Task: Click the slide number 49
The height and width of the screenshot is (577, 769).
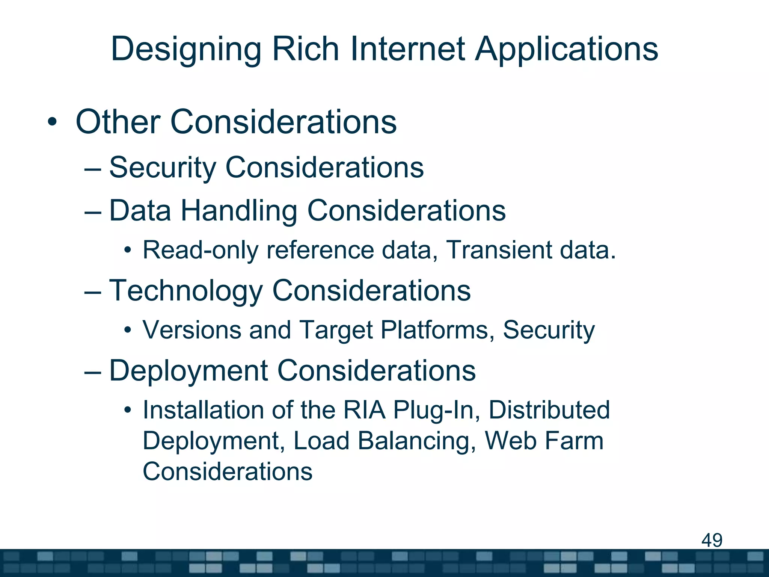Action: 712,540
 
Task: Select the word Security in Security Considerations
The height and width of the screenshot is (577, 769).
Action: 162,168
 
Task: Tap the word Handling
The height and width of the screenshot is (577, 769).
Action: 239,211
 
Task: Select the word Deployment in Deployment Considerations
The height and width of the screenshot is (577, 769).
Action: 188,371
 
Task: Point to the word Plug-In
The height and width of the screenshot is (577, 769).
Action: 437,411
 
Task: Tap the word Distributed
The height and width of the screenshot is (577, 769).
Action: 549,410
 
